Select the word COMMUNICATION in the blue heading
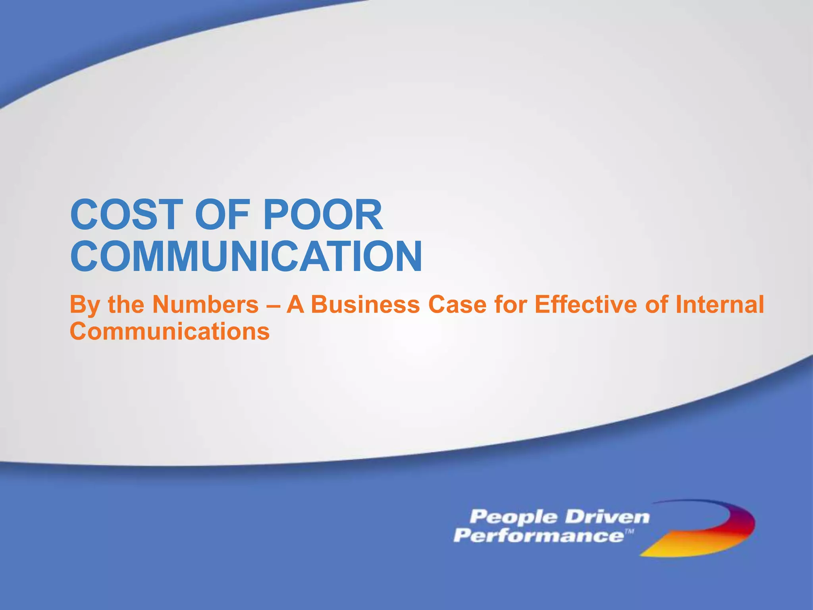pyautogui.click(x=246, y=257)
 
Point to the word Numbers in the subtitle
pyautogui.click(x=206, y=305)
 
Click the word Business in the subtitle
pyautogui.click(x=365, y=305)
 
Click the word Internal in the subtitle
pyautogui.click(x=719, y=305)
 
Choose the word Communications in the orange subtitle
pyautogui.click(x=170, y=331)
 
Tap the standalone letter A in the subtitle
pyautogui.click(x=295, y=305)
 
